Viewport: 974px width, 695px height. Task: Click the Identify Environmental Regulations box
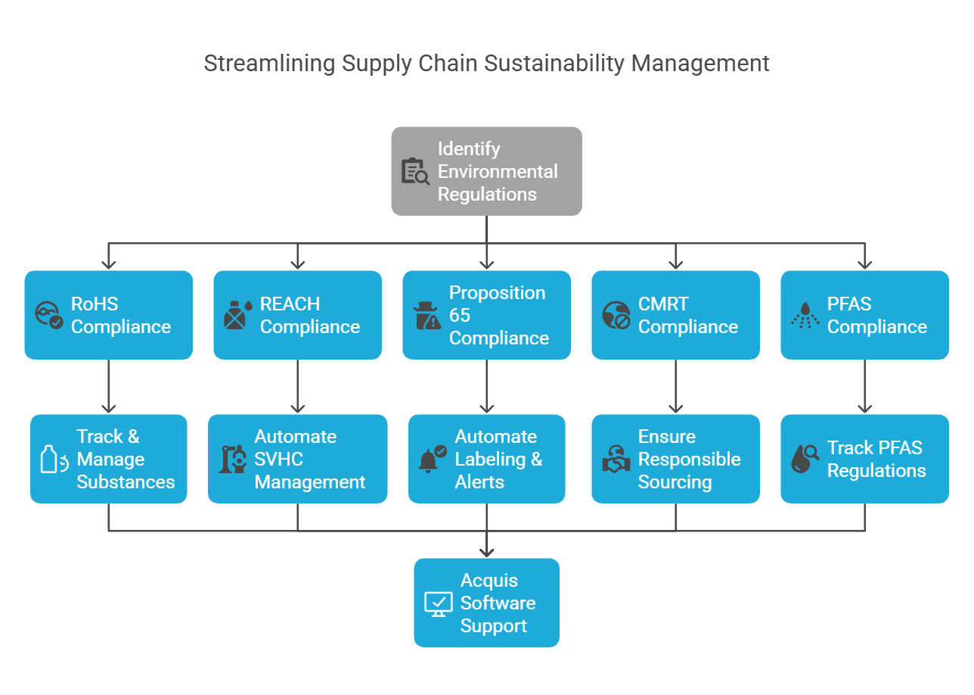(486, 171)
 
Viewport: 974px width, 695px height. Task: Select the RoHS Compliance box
(108, 315)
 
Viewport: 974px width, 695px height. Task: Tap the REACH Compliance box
(297, 315)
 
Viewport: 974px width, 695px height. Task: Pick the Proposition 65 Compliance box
(486, 315)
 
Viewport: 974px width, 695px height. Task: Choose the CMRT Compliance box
(675, 315)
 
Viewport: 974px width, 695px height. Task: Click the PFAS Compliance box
(864, 315)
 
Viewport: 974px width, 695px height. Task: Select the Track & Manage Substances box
(108, 459)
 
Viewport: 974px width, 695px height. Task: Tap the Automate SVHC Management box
(297, 459)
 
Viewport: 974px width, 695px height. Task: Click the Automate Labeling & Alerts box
(486, 459)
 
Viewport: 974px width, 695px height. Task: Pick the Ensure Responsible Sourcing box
(675, 459)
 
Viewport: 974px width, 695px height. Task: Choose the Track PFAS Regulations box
(864, 459)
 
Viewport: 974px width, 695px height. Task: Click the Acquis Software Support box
(486, 603)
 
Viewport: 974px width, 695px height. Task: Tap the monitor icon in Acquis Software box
(438, 603)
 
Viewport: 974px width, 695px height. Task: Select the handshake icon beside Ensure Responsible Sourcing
(616, 459)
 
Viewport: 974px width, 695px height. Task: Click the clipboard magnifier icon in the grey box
(415, 171)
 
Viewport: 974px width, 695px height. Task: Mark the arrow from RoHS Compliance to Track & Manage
(108, 386)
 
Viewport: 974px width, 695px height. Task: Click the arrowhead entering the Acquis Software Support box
(486, 552)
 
